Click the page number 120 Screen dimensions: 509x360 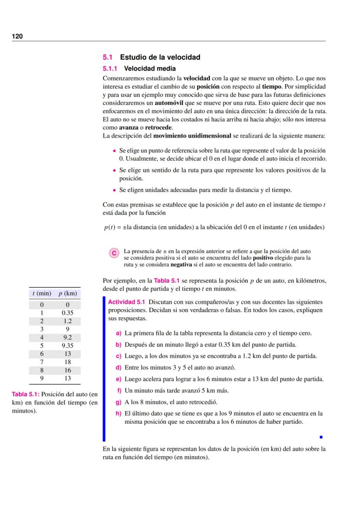pyautogui.click(x=17, y=36)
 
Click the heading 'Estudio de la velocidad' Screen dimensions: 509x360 pyautogui.click(x=160, y=57)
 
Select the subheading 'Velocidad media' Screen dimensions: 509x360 pyautogui.click(x=150, y=68)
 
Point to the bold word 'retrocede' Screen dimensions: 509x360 pyautogui.click(x=159, y=127)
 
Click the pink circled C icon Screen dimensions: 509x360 pyautogui.click(x=114, y=253)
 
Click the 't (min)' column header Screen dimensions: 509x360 pyautogui.click(x=42, y=293)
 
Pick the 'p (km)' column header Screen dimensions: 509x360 pyautogui.click(x=67, y=293)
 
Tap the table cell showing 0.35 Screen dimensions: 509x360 pyautogui.click(x=67, y=313)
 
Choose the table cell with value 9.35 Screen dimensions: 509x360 pyautogui.click(x=67, y=346)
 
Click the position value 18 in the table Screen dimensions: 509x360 pyautogui.click(x=67, y=362)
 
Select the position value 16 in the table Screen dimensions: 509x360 pyautogui.click(x=67, y=370)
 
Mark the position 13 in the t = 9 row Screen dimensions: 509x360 pyautogui.click(x=67, y=379)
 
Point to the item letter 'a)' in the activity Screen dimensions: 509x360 pyautogui.click(x=118, y=333)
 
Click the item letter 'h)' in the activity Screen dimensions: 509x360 pyautogui.click(x=118, y=414)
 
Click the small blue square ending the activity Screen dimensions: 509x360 pyautogui.click(x=320, y=437)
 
